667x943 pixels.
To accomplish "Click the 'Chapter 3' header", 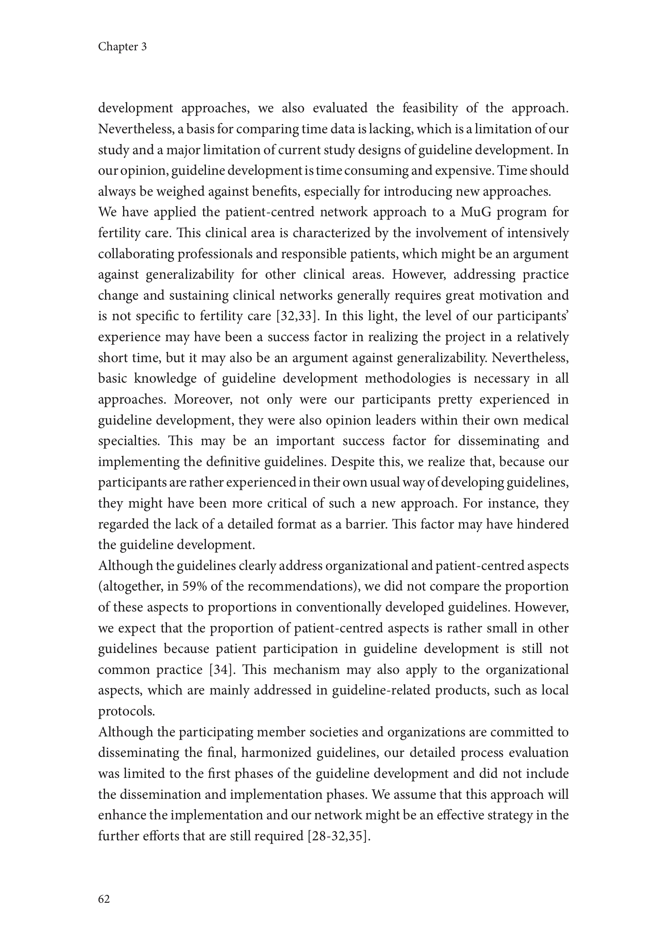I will [x=122, y=47].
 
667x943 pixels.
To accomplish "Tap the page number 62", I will [x=104, y=899].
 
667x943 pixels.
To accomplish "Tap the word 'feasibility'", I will [x=430, y=108].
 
